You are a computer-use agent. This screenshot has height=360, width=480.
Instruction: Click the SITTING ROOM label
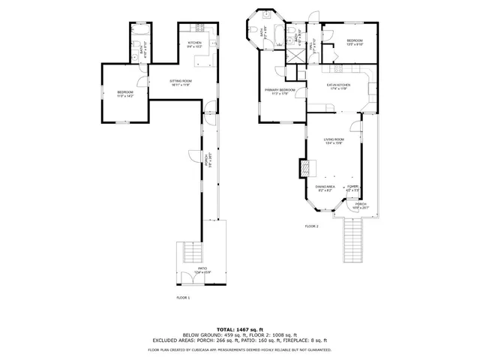pyautogui.click(x=181, y=82)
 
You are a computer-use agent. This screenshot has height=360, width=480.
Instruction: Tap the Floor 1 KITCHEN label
pyautogui.click(x=195, y=44)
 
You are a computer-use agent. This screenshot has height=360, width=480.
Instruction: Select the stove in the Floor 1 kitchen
pyautogui.click(x=202, y=29)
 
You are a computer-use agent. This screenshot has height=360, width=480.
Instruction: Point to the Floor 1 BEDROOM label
pyautogui.click(x=124, y=93)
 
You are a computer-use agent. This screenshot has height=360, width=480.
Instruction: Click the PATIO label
pyautogui.click(x=202, y=270)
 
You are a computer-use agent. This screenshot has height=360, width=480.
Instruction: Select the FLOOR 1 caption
pyautogui.click(x=183, y=298)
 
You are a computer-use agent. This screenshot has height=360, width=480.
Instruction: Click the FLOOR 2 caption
pyautogui.click(x=311, y=226)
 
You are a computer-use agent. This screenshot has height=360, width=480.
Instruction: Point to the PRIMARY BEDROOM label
pyautogui.click(x=279, y=91)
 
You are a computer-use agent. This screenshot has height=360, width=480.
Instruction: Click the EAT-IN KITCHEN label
pyautogui.click(x=337, y=87)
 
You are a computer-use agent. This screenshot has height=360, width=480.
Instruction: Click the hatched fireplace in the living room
pyautogui.click(x=304, y=166)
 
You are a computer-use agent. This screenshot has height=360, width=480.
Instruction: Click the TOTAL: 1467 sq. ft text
pyautogui.click(x=239, y=329)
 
